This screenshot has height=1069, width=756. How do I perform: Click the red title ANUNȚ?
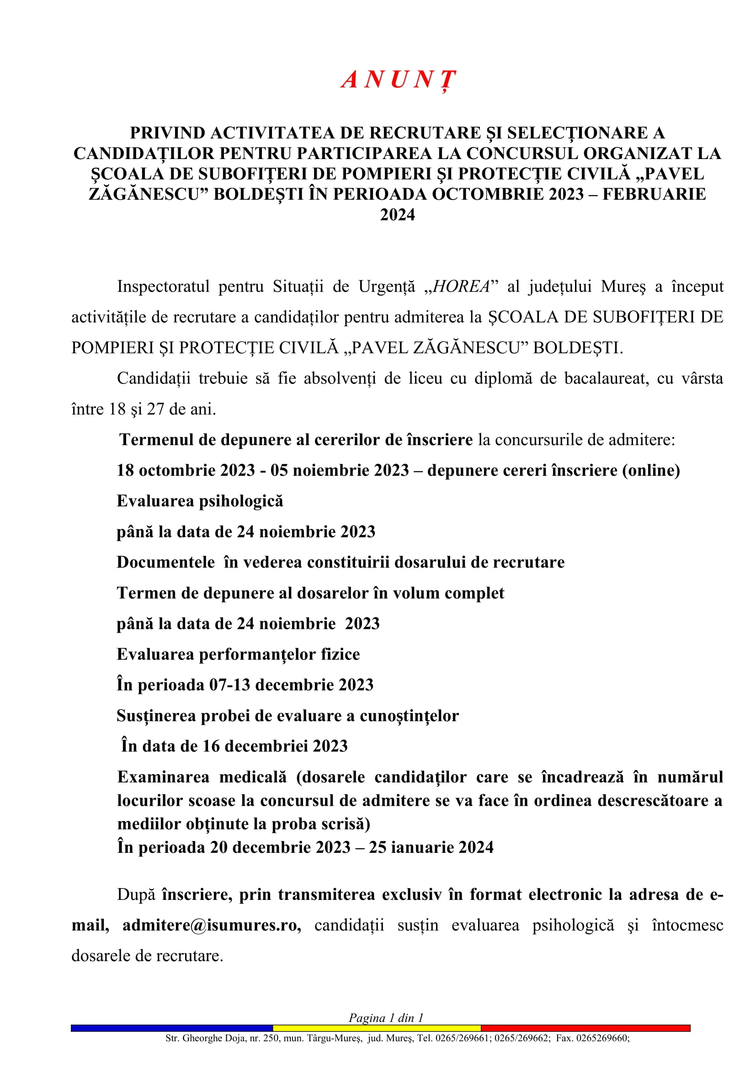[399, 80]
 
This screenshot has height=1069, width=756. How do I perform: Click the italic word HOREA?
[461, 287]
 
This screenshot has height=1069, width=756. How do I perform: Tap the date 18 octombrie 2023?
[186, 470]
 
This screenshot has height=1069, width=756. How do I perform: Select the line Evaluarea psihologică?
[200, 501]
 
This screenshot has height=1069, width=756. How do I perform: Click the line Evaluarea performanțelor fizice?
[238, 654]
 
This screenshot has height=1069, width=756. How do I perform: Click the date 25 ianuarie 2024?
[431, 847]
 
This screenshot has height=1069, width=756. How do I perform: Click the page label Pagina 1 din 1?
[386, 1018]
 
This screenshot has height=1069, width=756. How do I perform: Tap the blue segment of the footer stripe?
[172, 1028]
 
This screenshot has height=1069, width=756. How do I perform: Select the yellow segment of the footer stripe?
[377, 1028]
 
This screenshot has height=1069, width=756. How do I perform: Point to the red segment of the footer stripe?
[585, 1028]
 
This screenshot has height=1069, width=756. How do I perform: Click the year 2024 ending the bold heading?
[398, 215]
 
